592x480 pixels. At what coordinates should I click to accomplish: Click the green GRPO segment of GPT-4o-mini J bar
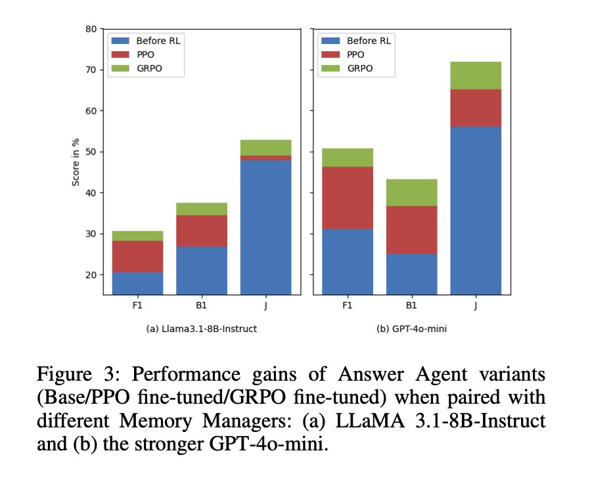476,76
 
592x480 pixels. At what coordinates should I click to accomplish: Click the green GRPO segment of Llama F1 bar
137,236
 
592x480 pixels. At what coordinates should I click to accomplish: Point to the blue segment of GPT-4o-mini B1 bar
411,274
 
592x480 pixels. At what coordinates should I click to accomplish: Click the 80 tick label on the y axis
91,29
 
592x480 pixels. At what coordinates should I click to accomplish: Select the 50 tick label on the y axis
91,152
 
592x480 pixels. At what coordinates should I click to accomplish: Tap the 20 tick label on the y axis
91,275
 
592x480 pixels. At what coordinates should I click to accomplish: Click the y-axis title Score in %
76,162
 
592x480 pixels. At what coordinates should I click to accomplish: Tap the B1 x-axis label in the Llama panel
201,305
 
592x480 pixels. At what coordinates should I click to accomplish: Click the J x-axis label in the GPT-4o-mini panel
476,305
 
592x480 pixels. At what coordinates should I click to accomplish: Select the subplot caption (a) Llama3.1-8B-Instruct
201,329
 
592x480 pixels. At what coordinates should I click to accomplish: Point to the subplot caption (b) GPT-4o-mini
411,329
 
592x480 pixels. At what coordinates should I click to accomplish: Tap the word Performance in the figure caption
182,376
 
